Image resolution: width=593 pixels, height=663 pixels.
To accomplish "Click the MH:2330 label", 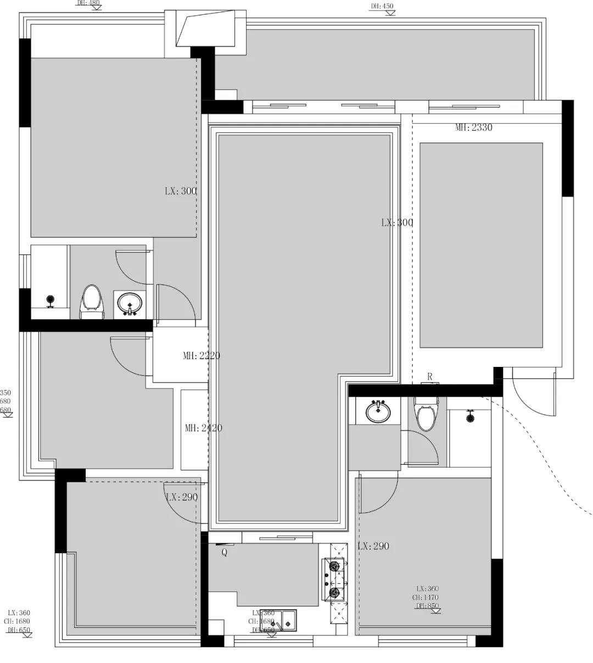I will [473, 127].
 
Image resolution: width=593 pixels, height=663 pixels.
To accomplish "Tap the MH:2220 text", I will [201, 356].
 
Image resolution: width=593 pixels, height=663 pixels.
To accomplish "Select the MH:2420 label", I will [203, 428].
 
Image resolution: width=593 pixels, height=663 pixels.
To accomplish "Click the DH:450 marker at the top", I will [382, 7].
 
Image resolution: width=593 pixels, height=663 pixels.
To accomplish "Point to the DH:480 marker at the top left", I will [88, 3].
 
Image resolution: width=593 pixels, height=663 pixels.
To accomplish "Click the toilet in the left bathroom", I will [92, 303].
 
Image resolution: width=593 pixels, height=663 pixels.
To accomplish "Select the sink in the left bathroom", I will [130, 304].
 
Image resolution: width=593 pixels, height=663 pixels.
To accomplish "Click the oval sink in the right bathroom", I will [378, 412].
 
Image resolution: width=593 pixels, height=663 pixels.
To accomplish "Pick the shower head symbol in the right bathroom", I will [470, 417].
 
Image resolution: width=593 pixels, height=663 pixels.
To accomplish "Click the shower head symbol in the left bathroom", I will [51, 300].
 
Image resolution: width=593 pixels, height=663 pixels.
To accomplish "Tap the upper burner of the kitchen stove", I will [334, 566].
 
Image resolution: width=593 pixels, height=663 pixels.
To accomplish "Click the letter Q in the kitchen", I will [224, 553].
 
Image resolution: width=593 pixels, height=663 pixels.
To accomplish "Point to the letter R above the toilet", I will [430, 377].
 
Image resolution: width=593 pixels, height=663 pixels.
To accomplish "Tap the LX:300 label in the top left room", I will [180, 191].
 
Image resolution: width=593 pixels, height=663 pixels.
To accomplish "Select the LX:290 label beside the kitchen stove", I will [373, 546].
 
